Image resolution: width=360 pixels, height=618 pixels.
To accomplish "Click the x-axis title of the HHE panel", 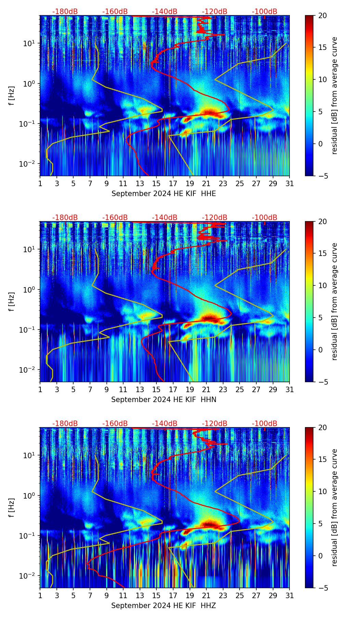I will (x=164, y=194).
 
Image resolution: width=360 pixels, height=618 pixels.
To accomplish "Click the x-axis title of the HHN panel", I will (x=164, y=400).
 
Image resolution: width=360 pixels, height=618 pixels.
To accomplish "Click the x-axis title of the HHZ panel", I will (x=164, y=606).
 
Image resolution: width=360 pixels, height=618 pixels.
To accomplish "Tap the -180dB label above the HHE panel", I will (x=65, y=12).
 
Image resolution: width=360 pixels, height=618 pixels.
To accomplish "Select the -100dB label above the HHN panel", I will (x=265, y=218).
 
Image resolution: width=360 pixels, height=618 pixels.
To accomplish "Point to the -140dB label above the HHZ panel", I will (x=165, y=424).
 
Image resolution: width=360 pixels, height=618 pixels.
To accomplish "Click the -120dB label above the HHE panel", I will (x=215, y=12).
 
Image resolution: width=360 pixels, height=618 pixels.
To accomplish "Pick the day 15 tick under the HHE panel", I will (x=156, y=184).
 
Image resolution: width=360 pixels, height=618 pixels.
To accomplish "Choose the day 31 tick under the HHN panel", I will (x=290, y=390).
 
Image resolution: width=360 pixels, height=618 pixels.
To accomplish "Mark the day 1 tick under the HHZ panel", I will (x=40, y=596).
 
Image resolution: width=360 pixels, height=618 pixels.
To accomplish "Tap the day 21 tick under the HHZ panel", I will (x=206, y=596).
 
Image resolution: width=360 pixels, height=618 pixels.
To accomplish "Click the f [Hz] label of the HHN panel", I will (x=12, y=301).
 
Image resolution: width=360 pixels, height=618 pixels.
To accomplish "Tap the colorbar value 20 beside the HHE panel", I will (x=323, y=15).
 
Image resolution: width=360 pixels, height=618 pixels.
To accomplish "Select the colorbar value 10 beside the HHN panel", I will (x=323, y=285).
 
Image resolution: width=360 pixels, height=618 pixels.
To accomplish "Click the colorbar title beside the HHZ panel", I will (x=335, y=507).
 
